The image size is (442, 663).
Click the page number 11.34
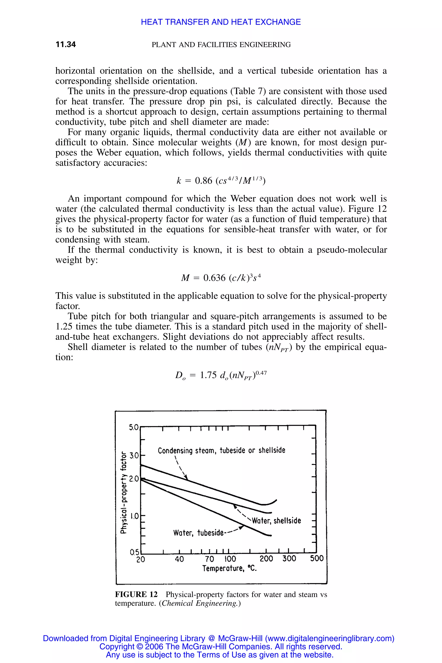click(x=66, y=44)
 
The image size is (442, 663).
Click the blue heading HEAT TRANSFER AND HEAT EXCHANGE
click(x=221, y=22)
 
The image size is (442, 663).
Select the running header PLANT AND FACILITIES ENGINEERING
click(x=221, y=45)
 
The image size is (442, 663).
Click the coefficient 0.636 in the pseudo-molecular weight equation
click(x=214, y=278)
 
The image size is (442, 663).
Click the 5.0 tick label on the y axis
click(x=134, y=427)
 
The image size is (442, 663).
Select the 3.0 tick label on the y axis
click(x=134, y=455)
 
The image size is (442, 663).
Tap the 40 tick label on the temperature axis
click(x=179, y=559)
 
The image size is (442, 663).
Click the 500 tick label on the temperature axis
click(x=317, y=558)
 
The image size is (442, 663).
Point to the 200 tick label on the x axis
click(x=266, y=559)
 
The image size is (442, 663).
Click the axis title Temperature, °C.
click(x=229, y=568)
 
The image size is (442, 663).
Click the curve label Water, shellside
click(x=276, y=520)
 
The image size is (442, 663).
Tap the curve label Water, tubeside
click(x=198, y=533)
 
